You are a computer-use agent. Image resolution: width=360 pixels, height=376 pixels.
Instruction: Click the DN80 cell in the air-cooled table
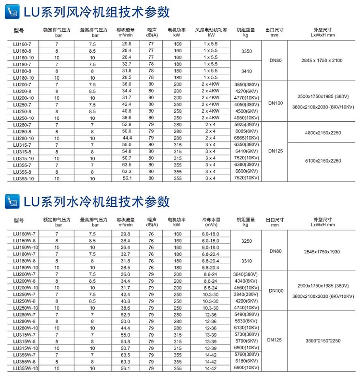pos(275,60)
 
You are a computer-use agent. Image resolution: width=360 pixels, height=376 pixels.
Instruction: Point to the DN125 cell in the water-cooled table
pos(275,340)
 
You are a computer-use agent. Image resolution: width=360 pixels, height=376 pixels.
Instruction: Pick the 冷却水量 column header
pos(211,222)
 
